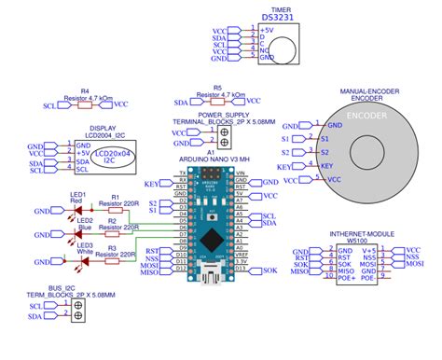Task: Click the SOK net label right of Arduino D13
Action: tap(269, 270)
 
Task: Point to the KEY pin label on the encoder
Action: tap(325, 165)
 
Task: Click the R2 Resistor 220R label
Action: tap(122, 227)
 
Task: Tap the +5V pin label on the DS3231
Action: tap(267, 30)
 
